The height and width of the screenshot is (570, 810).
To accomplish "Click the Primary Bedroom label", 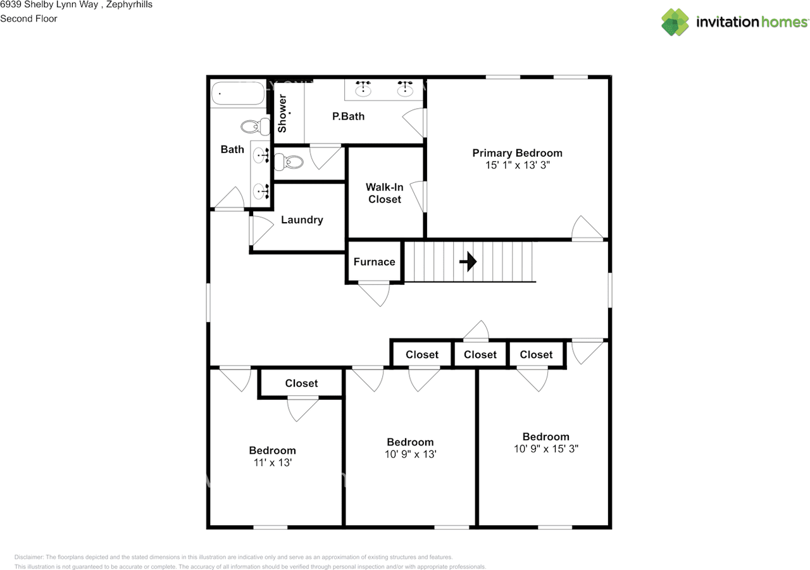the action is (517, 153).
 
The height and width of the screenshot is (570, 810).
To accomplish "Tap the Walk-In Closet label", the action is (384, 193).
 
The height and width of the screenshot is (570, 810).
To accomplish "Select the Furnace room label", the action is (374, 262).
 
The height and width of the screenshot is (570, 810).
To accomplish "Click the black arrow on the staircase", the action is (468, 261).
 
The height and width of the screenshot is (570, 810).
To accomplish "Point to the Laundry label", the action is (302, 220).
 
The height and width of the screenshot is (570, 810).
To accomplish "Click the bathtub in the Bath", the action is (238, 93).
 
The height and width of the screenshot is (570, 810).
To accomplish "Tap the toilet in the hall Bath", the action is (255, 127).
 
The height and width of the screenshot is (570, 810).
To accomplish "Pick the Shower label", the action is (282, 113).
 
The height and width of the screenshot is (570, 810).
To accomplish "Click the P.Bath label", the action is (348, 116).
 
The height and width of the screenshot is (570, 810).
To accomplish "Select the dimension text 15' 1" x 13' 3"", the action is (518, 165).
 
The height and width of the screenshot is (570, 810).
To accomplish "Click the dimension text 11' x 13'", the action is (273, 462).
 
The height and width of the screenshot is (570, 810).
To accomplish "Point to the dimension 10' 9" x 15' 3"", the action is (546, 449).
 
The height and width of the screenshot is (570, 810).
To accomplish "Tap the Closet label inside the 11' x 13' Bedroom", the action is (301, 383).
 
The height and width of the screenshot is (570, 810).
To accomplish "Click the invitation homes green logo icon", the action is (675, 22).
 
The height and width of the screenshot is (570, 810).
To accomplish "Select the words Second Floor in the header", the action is (28, 18).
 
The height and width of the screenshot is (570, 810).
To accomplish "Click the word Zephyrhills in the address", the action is (129, 4).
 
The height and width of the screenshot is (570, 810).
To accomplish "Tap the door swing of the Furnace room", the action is (374, 294).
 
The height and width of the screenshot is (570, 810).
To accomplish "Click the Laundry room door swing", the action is (261, 231).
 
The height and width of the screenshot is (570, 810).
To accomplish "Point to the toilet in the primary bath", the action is (289, 161).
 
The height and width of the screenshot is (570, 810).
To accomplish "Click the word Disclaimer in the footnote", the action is (29, 557).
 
